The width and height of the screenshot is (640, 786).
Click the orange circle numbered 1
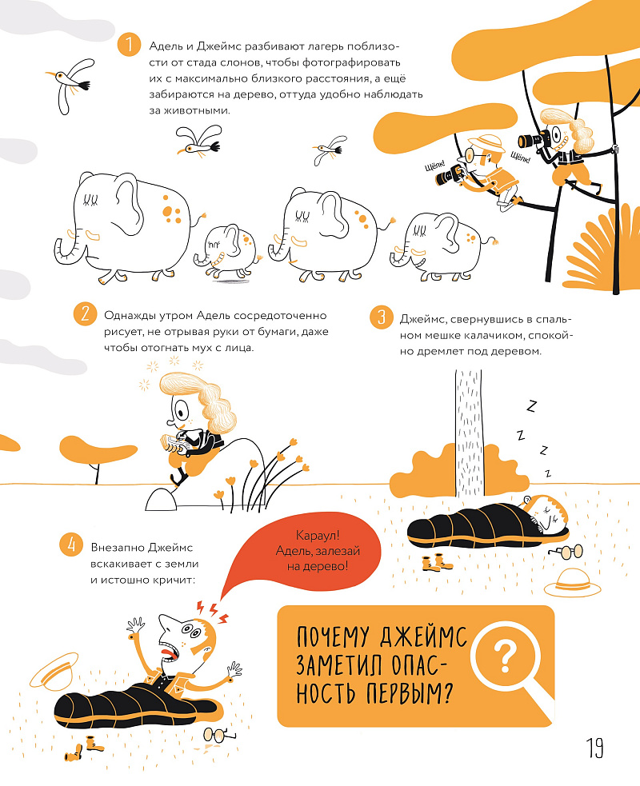pyautogui.click(x=129, y=45)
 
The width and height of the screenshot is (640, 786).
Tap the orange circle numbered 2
pyautogui.click(x=85, y=313)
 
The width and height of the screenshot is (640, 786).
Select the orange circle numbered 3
pyautogui.click(x=381, y=317)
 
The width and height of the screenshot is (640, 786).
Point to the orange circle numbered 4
pyautogui.click(x=71, y=545)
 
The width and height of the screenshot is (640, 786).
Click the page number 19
pyautogui.click(x=595, y=748)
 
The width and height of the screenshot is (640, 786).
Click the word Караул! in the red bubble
pyautogui.click(x=318, y=536)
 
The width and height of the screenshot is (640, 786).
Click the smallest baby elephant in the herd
pyautogui.click(x=226, y=251)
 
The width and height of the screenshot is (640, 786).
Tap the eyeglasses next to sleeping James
pyautogui.click(x=566, y=552)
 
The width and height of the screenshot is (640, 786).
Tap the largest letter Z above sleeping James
pyautogui.click(x=530, y=405)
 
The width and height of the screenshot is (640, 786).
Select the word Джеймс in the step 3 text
pyautogui.click(x=421, y=319)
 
